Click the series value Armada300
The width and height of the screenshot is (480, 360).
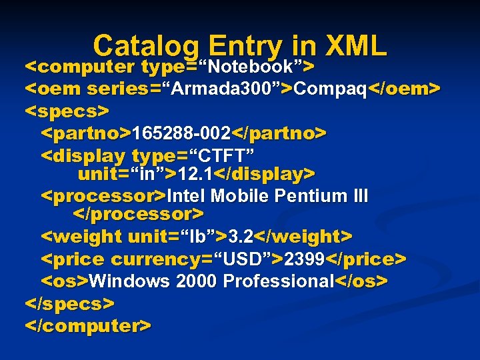pos(227,89)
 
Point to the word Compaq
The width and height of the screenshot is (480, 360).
pos(331,89)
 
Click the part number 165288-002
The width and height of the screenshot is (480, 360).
pos(175,133)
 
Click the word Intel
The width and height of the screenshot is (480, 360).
pos(188,197)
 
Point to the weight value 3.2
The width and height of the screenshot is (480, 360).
pos(240,237)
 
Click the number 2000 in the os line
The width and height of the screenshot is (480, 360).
pos(196,281)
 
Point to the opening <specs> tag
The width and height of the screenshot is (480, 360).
pos(67,110)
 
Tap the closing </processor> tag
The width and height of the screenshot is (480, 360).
pos(137,215)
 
